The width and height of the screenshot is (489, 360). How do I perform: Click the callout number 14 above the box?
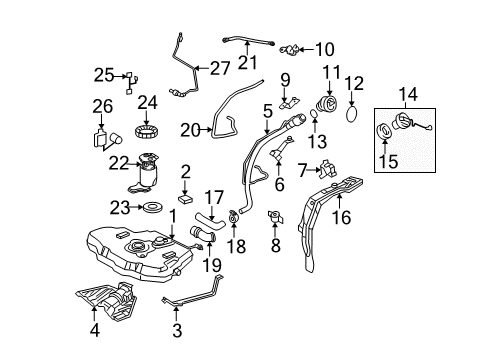point(408,94)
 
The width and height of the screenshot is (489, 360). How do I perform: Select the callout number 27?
point(220,68)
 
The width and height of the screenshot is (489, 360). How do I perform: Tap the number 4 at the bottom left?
point(95,330)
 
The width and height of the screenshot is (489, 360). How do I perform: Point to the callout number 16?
point(342,218)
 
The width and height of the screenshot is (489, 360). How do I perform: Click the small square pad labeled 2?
point(186,198)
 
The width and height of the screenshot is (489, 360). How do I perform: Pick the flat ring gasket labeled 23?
point(153,207)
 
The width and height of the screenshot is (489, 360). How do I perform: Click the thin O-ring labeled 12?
point(352,114)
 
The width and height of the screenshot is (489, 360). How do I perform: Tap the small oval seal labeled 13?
point(314,114)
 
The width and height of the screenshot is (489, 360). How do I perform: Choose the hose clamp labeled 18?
point(234,217)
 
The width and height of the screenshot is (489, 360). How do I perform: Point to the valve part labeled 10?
point(289,50)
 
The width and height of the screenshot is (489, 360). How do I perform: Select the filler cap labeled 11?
point(327,103)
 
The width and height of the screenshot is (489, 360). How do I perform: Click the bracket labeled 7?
point(328,169)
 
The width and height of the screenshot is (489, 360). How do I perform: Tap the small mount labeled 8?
point(276,217)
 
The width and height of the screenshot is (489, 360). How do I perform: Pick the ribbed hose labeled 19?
point(203,234)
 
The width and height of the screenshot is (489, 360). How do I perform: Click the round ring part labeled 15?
point(383,130)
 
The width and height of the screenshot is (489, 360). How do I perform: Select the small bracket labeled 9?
point(289,103)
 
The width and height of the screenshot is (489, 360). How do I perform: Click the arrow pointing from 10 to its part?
point(306,50)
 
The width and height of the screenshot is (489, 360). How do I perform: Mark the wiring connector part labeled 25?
point(132,83)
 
